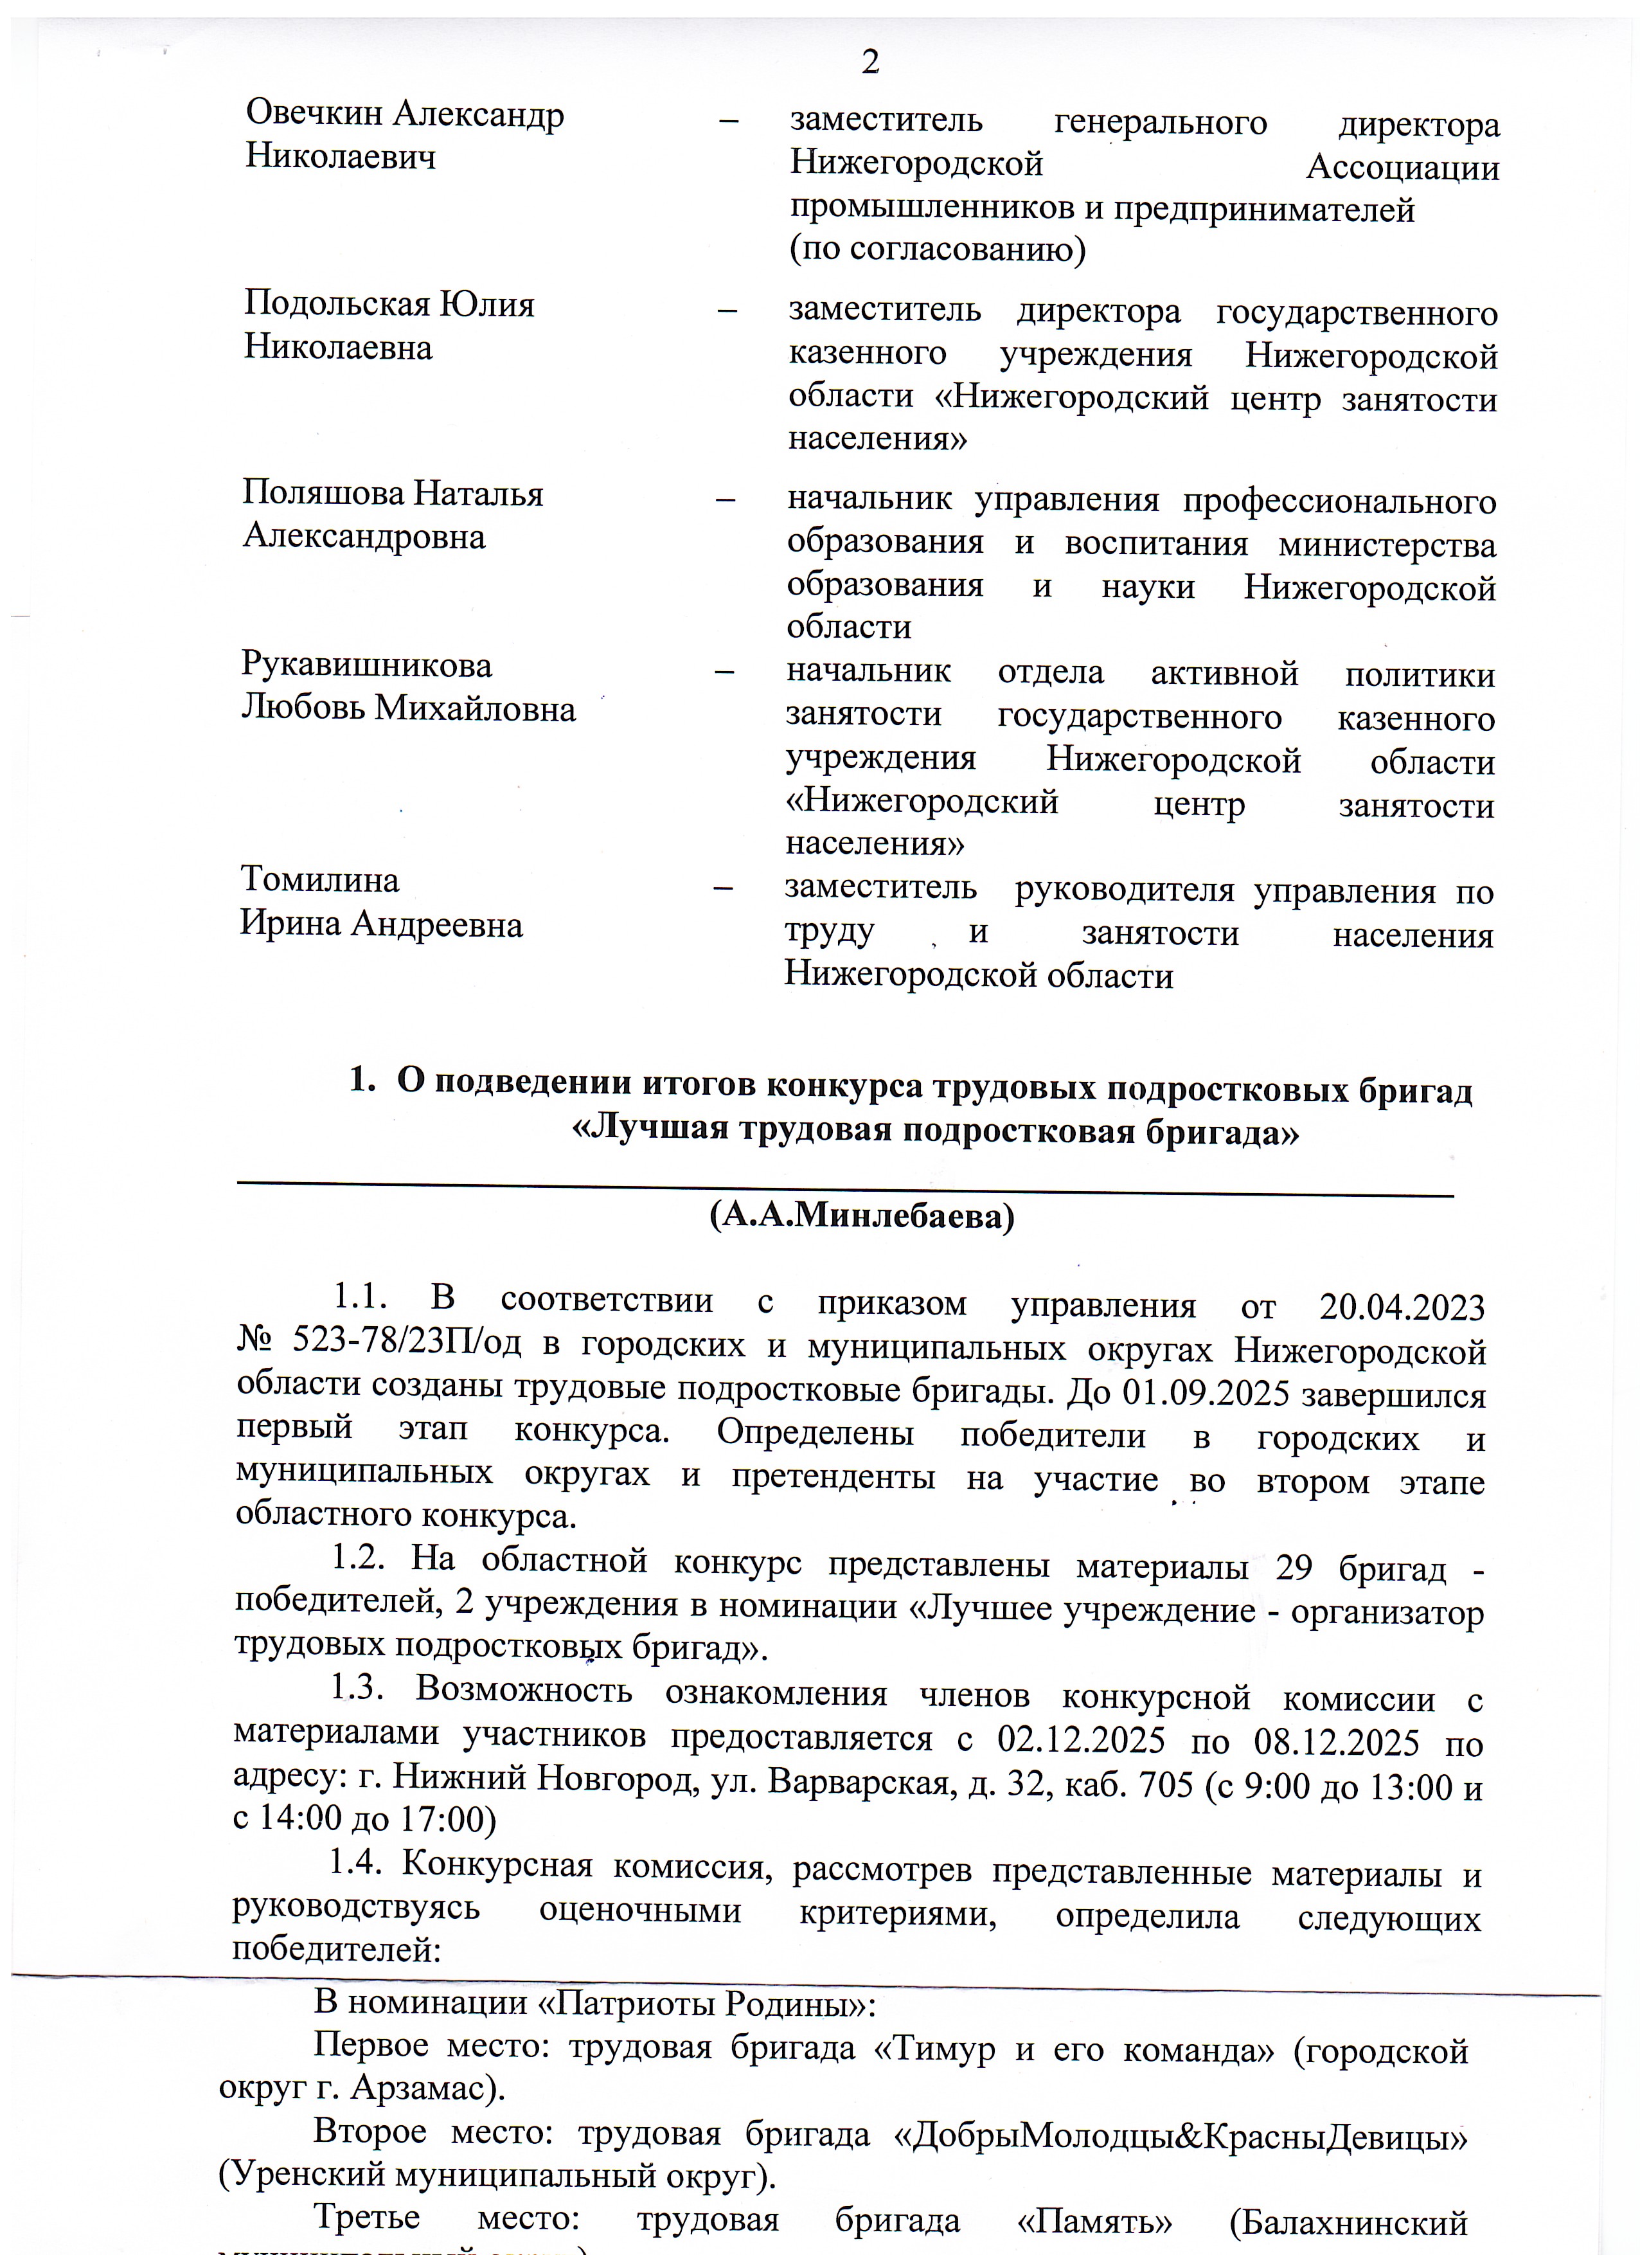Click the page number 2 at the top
pos(869,62)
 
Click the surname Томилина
pos(320,880)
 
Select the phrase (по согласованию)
pos(938,249)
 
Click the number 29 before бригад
pos(1294,1568)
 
